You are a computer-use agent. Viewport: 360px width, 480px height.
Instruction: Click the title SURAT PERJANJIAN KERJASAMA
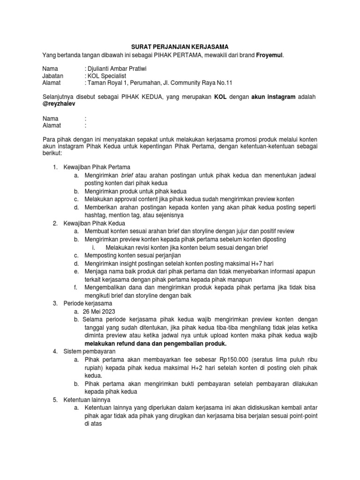180,47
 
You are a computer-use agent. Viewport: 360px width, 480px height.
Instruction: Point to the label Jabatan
53,75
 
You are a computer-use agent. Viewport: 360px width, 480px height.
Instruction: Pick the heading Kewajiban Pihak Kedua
92,224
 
